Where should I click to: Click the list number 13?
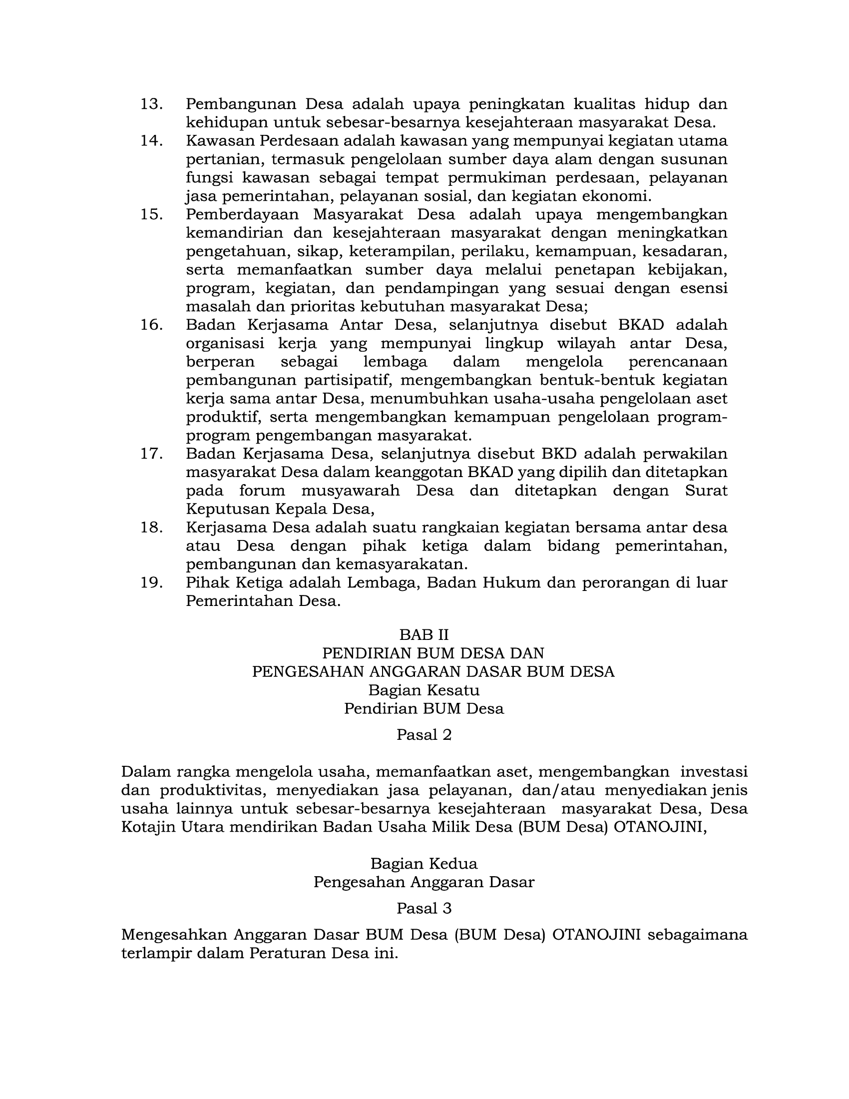[151, 104]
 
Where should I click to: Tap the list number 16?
[151, 325]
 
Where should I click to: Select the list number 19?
[151, 582]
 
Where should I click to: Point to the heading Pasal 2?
[424, 735]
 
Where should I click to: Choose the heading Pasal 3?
[424, 908]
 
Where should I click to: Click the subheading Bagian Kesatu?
[424, 690]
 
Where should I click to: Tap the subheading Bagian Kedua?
[424, 864]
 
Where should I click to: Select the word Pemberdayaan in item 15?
[242, 214]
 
